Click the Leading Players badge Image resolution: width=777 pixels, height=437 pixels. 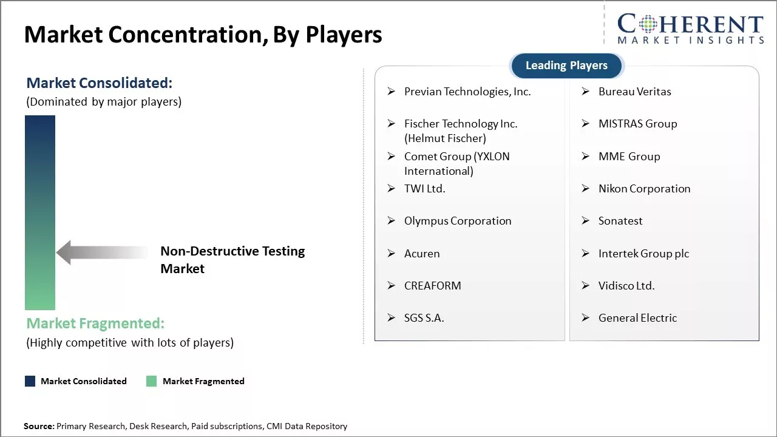pyautogui.click(x=566, y=66)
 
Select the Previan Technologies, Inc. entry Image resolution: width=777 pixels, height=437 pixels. pyautogui.click(x=467, y=92)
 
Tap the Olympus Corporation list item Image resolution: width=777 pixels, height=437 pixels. pyautogui.click(x=457, y=221)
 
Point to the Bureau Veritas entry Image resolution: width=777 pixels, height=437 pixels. pyautogui.click(x=634, y=92)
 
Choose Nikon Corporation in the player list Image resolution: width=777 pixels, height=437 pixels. pyautogui.click(x=644, y=189)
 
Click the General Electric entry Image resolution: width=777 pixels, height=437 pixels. pyautogui.click(x=637, y=318)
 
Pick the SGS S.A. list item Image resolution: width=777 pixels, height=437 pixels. pyautogui.click(x=424, y=318)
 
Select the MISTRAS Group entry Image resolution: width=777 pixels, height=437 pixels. pyautogui.click(x=637, y=124)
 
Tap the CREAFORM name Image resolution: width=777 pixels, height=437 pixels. pyautogui.click(x=432, y=286)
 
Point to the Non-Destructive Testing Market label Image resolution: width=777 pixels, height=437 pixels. pyautogui.click(x=232, y=260)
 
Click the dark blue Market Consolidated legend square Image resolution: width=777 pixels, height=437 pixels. pyautogui.click(x=30, y=381)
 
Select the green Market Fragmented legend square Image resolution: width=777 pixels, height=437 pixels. pyautogui.click(x=152, y=381)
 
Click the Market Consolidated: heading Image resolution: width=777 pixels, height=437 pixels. pyautogui.click(x=99, y=83)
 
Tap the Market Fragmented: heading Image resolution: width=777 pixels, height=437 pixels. pyautogui.click(x=95, y=324)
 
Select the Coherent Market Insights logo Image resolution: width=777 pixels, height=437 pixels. pyautogui.click(x=690, y=29)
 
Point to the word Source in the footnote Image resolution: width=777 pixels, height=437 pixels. pyautogui.click(x=38, y=426)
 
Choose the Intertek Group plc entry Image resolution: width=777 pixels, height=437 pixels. pyautogui.click(x=643, y=254)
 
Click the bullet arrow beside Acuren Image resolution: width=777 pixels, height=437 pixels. pyautogui.click(x=392, y=254)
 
